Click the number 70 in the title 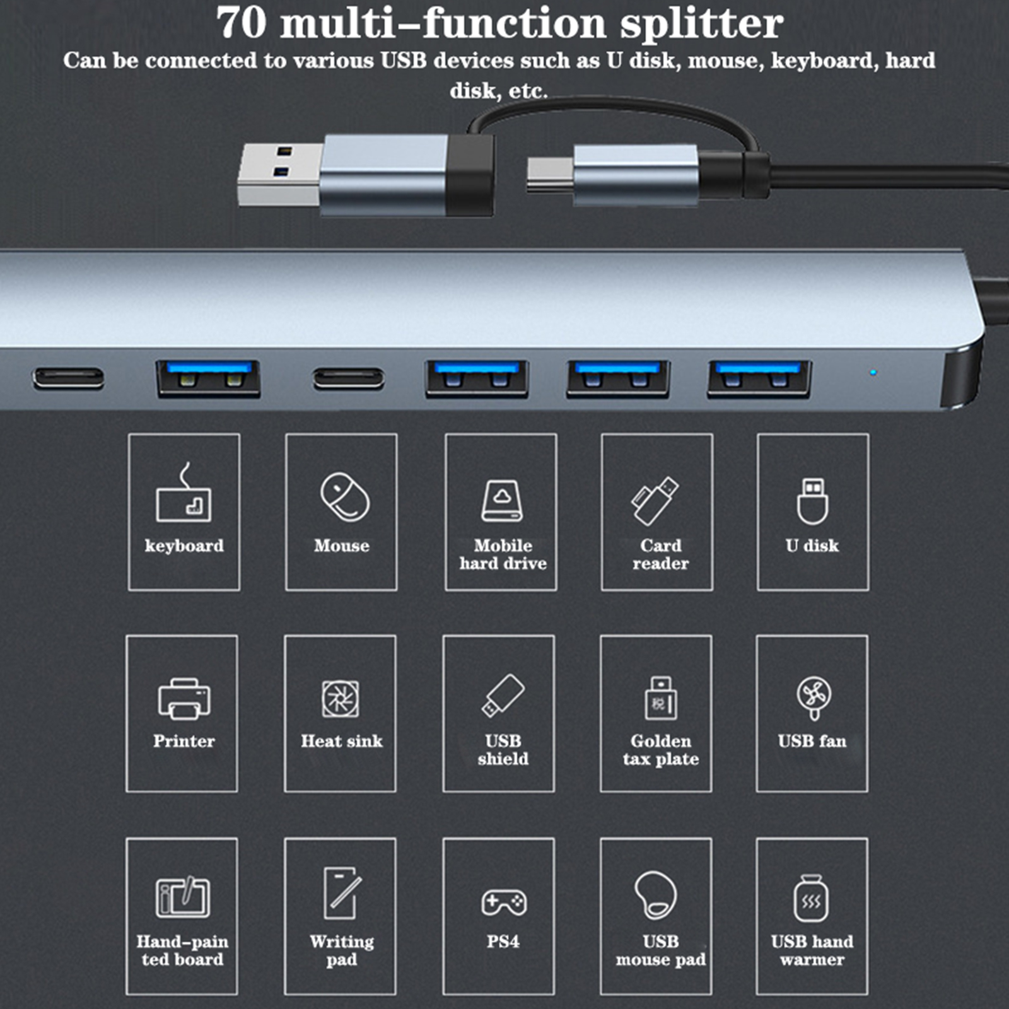(x=242, y=23)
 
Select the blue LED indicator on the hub (x=873, y=373)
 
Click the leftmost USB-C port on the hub (x=69, y=378)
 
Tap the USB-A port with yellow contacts (x=208, y=379)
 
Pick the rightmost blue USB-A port (x=759, y=379)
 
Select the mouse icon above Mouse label (x=344, y=497)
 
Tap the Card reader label (x=660, y=554)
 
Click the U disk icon (x=812, y=501)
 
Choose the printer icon (x=184, y=699)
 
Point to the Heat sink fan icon (x=341, y=699)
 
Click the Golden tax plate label (x=660, y=750)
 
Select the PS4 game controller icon (x=504, y=902)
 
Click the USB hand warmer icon (x=811, y=898)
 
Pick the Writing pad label (x=341, y=950)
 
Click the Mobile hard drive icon (x=502, y=501)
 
